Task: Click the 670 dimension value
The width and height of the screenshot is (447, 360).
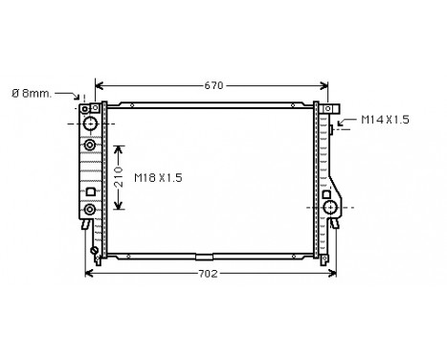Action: click(213, 85)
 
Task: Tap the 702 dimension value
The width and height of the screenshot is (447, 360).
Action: click(208, 274)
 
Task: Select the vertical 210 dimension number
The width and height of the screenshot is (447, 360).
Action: click(119, 176)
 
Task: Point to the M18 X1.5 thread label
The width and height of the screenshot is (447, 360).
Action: click(158, 177)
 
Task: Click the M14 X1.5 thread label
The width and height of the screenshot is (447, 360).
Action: click(385, 120)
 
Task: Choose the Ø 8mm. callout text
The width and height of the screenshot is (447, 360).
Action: click(32, 94)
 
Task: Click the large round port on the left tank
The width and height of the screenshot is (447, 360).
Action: click(90, 124)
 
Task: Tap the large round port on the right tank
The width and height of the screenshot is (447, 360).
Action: click(330, 208)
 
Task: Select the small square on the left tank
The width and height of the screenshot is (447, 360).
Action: click(91, 191)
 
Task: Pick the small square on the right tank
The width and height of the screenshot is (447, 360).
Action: click(326, 194)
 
